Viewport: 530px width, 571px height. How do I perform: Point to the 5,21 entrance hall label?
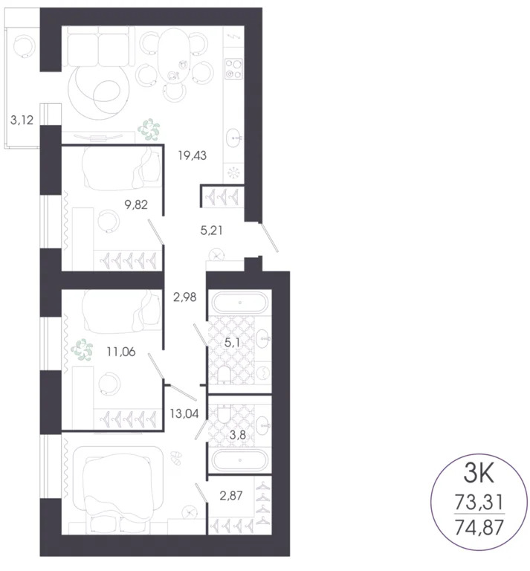point(213,230)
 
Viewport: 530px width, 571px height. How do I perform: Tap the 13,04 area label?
point(184,413)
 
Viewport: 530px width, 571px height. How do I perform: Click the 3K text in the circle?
point(479,474)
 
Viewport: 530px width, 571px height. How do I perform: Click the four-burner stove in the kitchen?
point(235,69)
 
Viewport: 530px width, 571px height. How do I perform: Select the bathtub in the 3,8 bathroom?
point(239,460)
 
